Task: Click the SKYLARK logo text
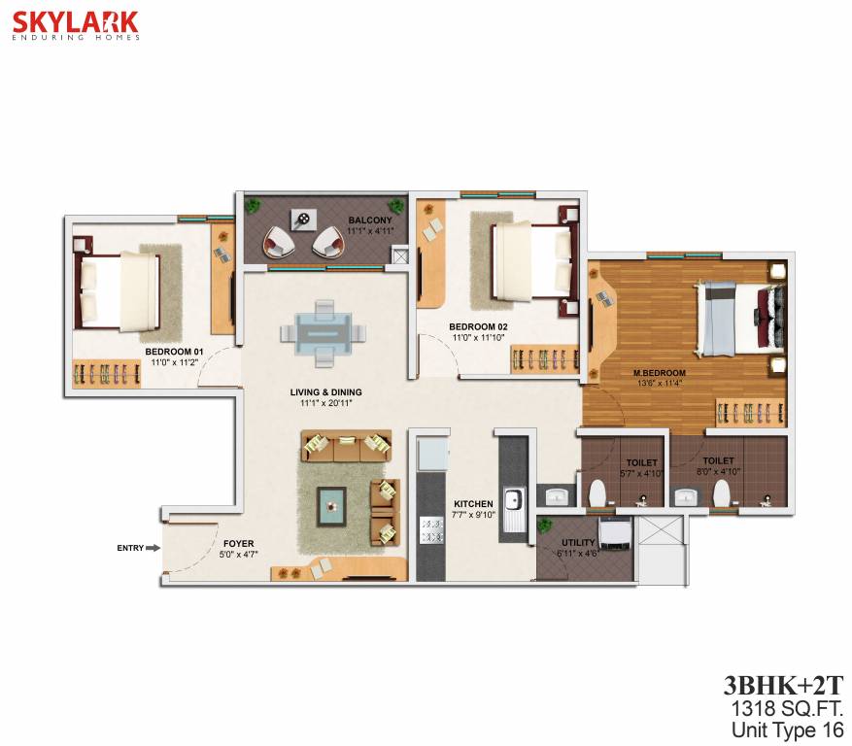pyautogui.click(x=75, y=21)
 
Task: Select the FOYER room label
pyautogui.click(x=238, y=544)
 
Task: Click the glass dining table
pyautogui.click(x=324, y=330)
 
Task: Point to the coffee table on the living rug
pyautogui.click(x=334, y=502)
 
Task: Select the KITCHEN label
pyautogui.click(x=474, y=503)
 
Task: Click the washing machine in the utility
pyautogui.click(x=614, y=533)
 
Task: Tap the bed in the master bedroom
pyautogui.click(x=734, y=318)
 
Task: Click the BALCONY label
pyautogui.click(x=369, y=220)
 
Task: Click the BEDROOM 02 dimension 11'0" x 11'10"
pyautogui.click(x=477, y=338)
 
